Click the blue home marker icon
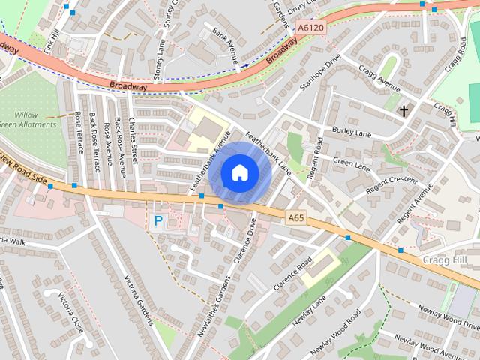pyautogui.click(x=239, y=173)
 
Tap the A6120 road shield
pyautogui.click(x=311, y=28)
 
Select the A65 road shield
pyautogui.click(x=297, y=218)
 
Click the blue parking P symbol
pyautogui.click(x=157, y=220)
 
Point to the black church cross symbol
pyautogui.click(x=403, y=112)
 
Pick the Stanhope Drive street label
pyautogui.click(x=320, y=72)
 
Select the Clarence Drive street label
pyautogui.click(x=244, y=241)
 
